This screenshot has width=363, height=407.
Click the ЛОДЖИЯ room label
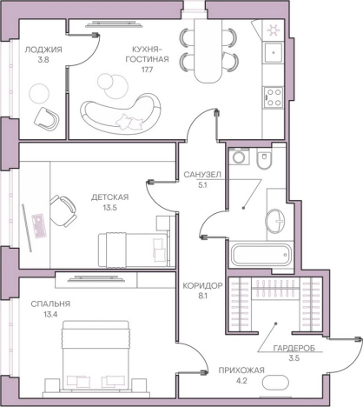(x=43, y=50)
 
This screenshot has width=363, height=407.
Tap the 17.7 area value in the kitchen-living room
(x=147, y=70)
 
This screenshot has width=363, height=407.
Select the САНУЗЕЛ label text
(x=202, y=175)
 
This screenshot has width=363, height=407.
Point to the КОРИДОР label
(x=202, y=286)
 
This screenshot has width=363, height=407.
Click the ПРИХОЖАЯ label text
(x=241, y=370)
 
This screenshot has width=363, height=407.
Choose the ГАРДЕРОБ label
(x=294, y=348)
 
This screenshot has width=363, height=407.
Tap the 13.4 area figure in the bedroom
(x=50, y=315)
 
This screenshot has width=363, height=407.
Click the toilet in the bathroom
(x=264, y=159)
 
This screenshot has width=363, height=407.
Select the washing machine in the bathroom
(x=239, y=157)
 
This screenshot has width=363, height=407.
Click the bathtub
(x=261, y=255)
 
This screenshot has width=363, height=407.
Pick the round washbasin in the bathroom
(x=275, y=221)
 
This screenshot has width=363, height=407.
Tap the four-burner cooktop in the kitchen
(x=274, y=97)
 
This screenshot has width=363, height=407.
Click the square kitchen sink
(x=274, y=53)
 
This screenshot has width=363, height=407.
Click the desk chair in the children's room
(x=63, y=210)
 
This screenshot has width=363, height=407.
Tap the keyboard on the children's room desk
(x=39, y=226)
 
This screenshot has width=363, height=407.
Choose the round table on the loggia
(x=39, y=93)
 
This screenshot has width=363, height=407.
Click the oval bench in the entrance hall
(x=275, y=383)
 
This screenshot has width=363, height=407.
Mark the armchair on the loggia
(x=47, y=118)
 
